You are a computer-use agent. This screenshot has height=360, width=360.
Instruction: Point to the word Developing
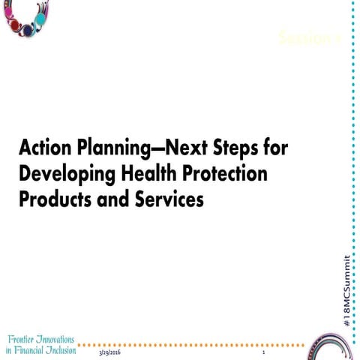[63, 174]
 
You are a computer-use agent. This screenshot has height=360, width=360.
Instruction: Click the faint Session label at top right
[309, 37]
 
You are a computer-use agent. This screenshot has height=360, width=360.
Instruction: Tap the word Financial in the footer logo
[37, 351]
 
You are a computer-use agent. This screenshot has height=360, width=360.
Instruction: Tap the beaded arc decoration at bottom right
[334, 341]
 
